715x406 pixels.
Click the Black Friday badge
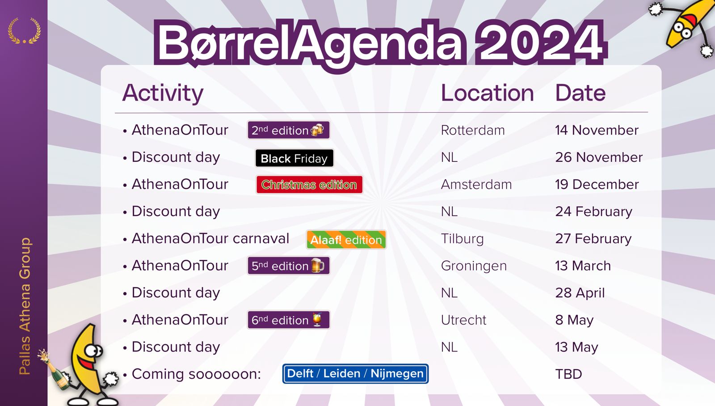pos(294,158)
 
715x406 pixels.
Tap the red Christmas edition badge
pos(309,185)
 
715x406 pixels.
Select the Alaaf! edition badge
pos(346,240)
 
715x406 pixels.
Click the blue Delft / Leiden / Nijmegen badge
pos(355,373)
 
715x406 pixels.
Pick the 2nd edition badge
pos(289,130)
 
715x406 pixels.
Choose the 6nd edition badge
pos(289,320)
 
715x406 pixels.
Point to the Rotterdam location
pos(473,130)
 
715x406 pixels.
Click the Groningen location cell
pos(474,266)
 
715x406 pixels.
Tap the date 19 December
pos(597,184)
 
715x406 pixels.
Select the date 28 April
pos(580,293)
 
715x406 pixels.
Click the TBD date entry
pos(568,374)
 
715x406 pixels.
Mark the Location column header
pos(487,93)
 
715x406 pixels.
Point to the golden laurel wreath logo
pos(24,31)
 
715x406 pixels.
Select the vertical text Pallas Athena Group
pos(25,306)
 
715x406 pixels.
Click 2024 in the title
pos(539,42)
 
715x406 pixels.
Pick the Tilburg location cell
pos(462,239)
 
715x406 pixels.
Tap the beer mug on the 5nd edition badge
pos(318,265)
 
